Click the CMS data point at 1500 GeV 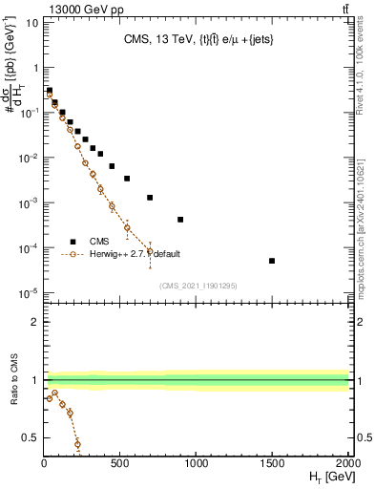[x=272, y=261]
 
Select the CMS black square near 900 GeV [x=180, y=220]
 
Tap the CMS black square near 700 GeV [x=150, y=198]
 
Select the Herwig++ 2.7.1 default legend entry [x=134, y=254]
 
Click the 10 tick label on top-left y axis [x=31, y=22]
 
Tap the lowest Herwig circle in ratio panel [x=77, y=444]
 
